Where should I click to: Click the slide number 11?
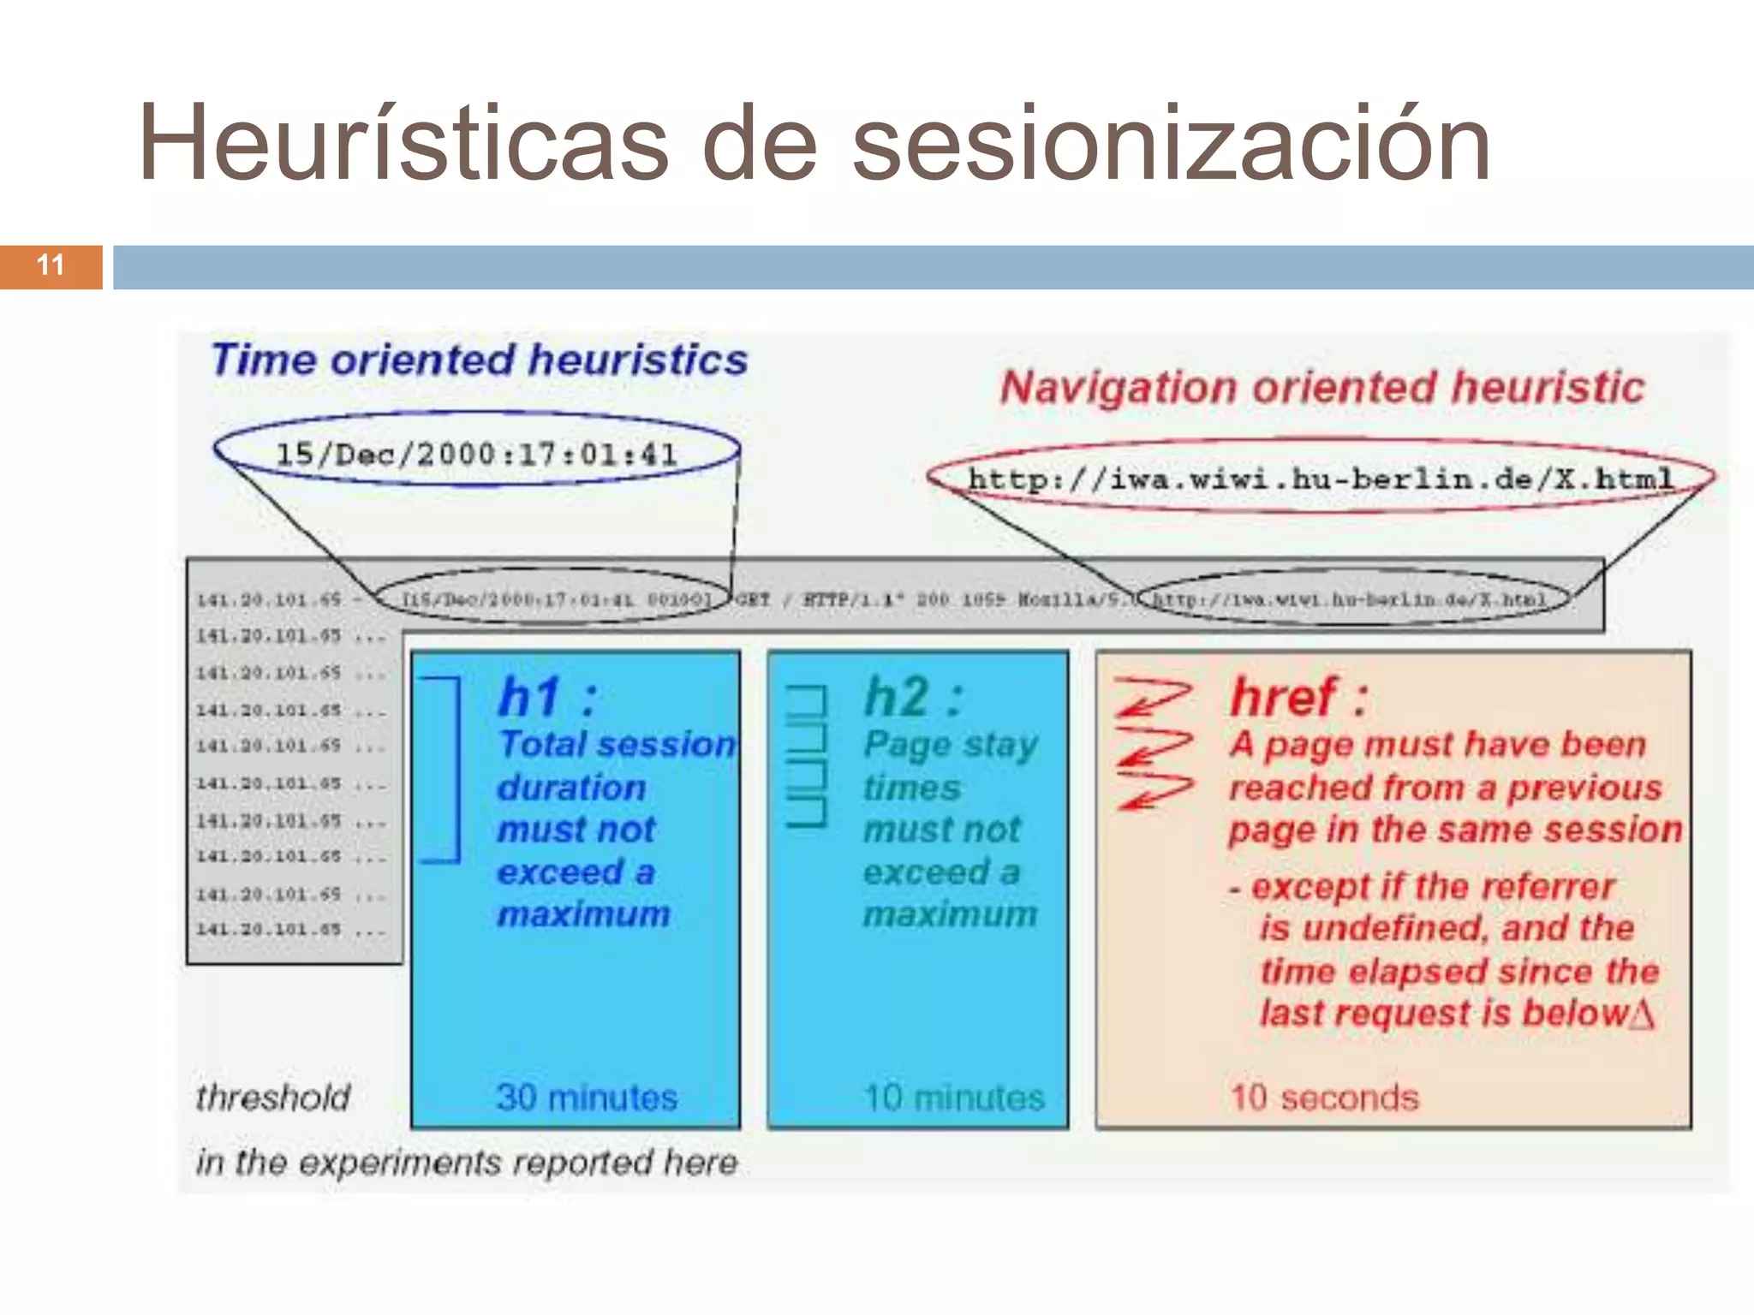coord(51,265)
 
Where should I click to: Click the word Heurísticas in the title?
coord(403,144)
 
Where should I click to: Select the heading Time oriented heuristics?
coord(480,360)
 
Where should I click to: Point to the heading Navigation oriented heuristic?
coord(1322,387)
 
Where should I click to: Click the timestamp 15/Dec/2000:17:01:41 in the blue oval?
coord(476,454)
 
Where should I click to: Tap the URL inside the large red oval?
coord(1321,478)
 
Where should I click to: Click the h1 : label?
coord(546,697)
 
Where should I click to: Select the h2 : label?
coord(913,697)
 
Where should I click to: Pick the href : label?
coord(1298,697)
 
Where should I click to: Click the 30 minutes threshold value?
coord(587,1098)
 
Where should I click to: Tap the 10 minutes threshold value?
coord(954,1098)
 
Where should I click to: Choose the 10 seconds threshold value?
coord(1324,1098)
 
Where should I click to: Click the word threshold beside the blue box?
coord(273,1098)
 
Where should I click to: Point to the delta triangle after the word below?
coord(1642,1015)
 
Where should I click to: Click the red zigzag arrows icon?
coord(1153,743)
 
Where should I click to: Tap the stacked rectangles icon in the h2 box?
coord(807,755)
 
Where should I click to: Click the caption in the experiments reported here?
coord(467,1163)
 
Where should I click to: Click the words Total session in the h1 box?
coord(617,745)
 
